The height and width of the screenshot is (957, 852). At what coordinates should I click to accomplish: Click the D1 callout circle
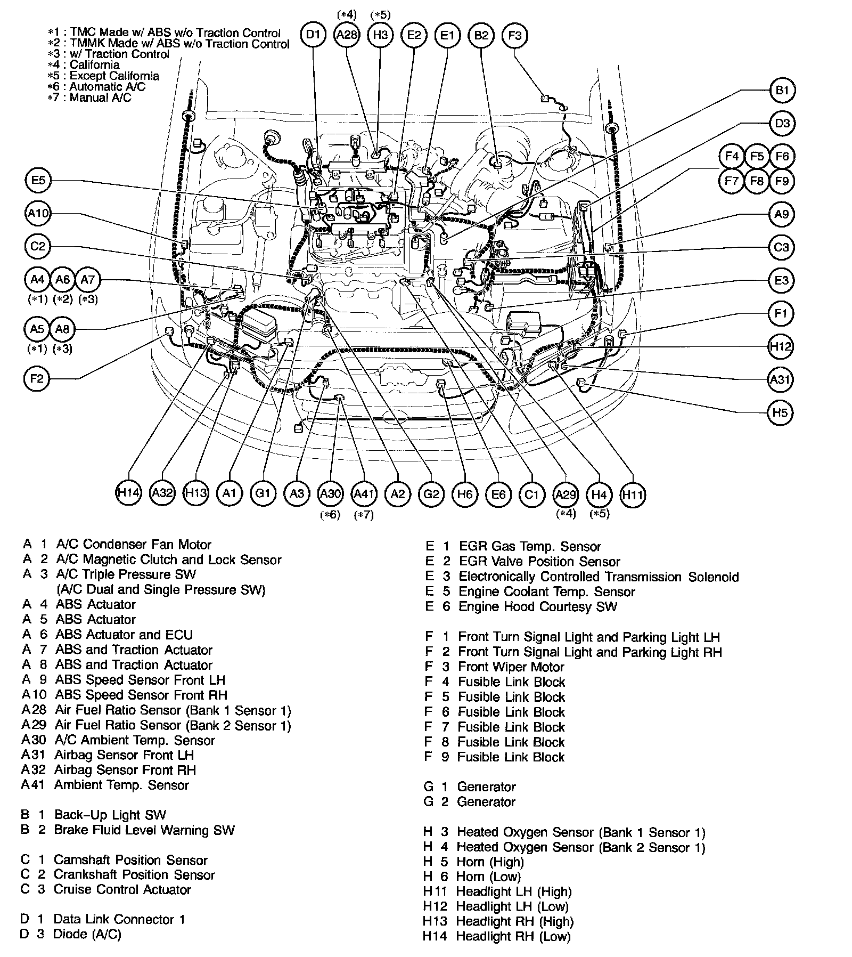coord(314,35)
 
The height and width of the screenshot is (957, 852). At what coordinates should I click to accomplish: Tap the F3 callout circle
coord(514,35)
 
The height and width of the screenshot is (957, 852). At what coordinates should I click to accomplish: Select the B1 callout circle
coord(781,91)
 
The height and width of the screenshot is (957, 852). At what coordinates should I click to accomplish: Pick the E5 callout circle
coord(38,180)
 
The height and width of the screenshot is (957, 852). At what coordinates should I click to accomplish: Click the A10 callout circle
coord(38,214)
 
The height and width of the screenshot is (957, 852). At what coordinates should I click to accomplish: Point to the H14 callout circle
coord(128,493)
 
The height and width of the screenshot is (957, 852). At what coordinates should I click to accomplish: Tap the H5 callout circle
coord(780,412)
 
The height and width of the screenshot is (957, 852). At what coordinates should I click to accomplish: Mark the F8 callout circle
coord(756,181)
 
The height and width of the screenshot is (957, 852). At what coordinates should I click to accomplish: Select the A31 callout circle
coord(781,379)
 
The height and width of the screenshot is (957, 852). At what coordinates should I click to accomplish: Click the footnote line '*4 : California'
coord(84,65)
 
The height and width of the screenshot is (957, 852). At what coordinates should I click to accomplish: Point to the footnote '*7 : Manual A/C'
coord(89,98)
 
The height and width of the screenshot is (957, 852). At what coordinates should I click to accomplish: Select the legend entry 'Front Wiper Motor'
coord(511,667)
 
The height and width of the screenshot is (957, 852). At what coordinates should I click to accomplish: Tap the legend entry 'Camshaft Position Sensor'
coord(130,859)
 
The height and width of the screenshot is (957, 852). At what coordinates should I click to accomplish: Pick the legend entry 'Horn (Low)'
coord(488,876)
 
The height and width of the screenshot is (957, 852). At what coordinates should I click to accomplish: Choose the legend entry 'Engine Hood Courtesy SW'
coord(537,606)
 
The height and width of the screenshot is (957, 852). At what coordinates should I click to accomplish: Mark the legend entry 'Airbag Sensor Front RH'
coord(125,770)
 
